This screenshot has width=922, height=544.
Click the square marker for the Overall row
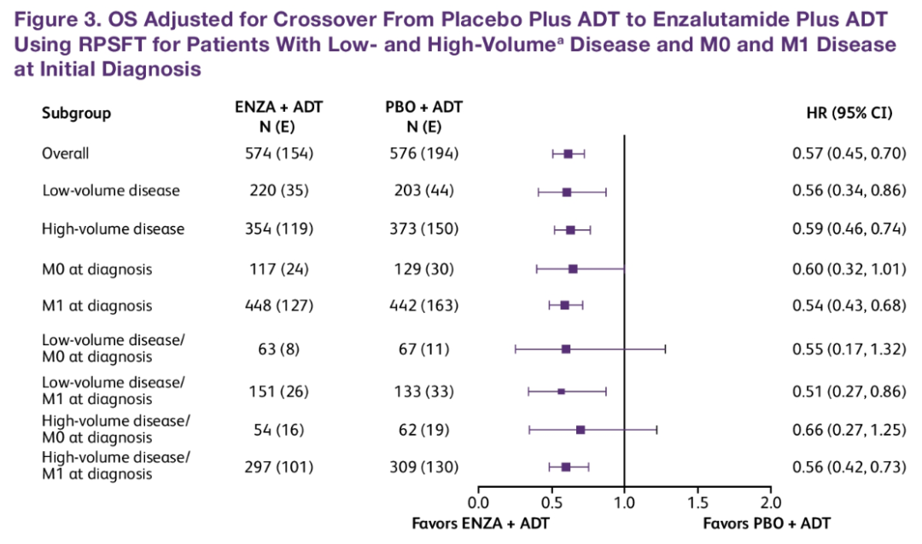coord(569,153)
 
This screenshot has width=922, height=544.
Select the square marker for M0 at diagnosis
coord(573,269)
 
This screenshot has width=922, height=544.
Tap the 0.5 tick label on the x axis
coord(551,501)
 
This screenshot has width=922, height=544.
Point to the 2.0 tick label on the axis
coord(771,501)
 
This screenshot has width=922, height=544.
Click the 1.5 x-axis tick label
coord(697,501)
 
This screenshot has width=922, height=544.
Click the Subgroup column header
coord(77,113)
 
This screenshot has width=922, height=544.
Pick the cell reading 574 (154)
coord(279,153)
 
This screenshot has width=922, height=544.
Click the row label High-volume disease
coord(114,229)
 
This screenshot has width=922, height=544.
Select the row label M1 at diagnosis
coord(97,305)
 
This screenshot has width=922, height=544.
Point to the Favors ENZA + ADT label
coord(481,523)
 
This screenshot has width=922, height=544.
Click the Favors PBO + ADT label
coord(767,523)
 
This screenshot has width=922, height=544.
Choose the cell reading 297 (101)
coord(279,466)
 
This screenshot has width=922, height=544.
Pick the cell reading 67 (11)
coord(423,349)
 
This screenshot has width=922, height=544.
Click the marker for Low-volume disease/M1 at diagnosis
coord(561,391)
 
